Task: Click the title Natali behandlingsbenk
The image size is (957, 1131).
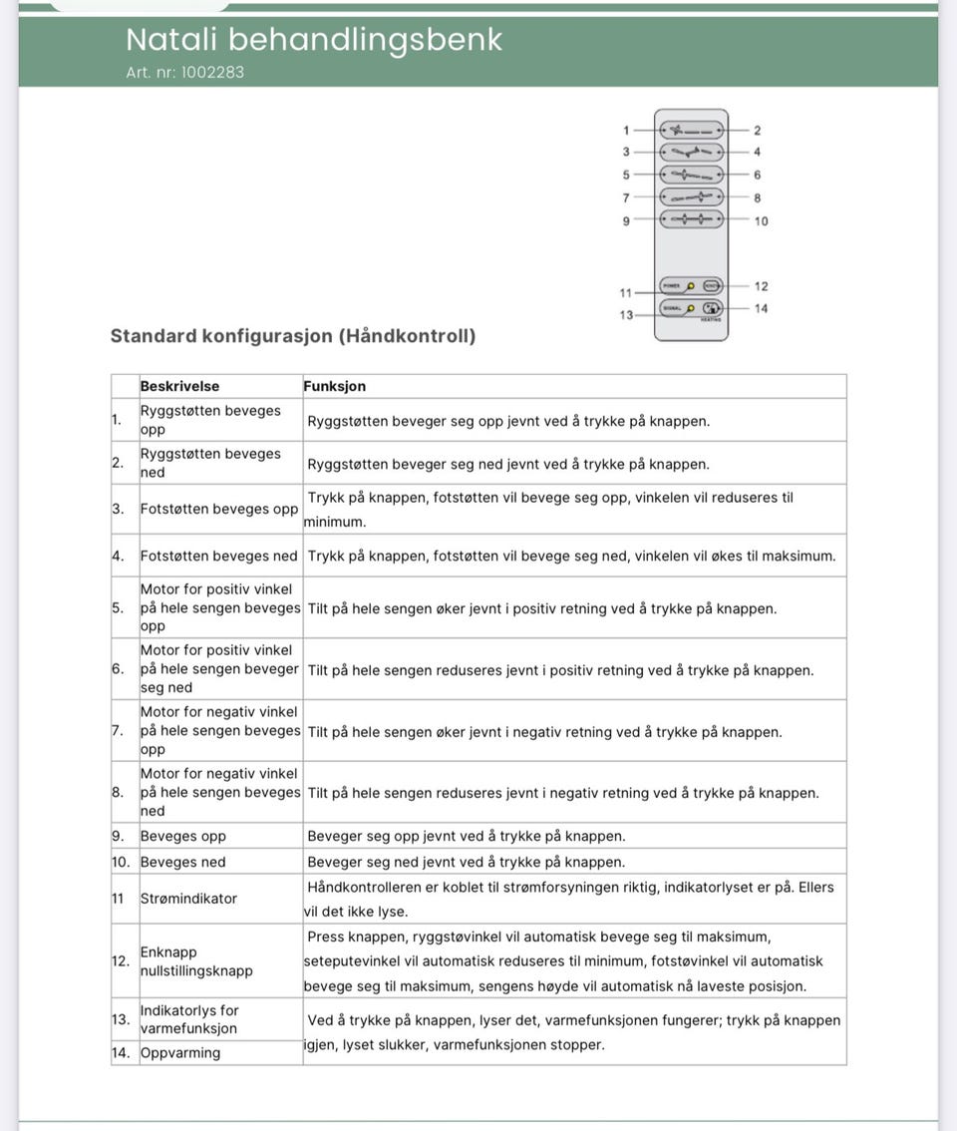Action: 314,40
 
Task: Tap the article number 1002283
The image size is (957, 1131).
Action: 185,73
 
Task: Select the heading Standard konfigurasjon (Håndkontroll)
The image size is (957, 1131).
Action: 293,336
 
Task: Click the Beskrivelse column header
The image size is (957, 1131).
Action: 179,386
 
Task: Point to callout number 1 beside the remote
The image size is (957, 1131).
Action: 626,131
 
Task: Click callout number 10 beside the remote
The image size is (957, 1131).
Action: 761,221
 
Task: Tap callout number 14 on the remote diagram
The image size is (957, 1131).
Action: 761,309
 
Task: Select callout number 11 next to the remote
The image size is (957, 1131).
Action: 626,292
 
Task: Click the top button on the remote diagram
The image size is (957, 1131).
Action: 691,131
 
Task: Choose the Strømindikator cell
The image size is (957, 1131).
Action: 189,899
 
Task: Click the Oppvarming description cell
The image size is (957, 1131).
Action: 180,1053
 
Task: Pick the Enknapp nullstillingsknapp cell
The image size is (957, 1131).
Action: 196,961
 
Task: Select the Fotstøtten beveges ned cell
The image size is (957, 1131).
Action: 218,556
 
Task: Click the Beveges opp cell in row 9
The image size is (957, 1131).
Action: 183,836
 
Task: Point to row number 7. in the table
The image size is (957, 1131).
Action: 119,731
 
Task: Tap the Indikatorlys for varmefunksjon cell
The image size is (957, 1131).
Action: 189,1019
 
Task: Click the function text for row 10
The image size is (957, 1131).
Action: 467,862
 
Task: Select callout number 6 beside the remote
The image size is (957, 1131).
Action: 758,176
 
